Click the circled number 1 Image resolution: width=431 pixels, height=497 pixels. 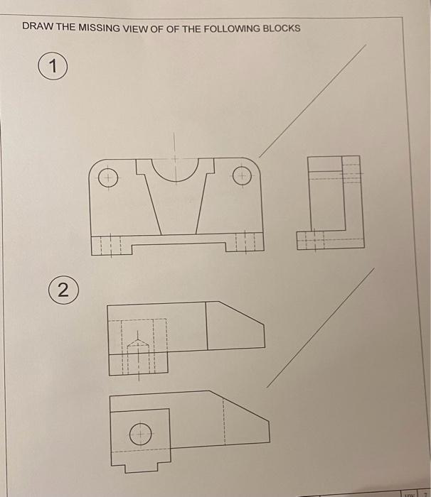(50, 68)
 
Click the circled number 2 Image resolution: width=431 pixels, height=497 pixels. (63, 289)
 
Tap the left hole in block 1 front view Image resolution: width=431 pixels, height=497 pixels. (107, 177)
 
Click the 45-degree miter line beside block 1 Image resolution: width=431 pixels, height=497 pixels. (313, 99)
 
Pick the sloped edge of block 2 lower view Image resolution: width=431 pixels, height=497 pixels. (245, 407)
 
